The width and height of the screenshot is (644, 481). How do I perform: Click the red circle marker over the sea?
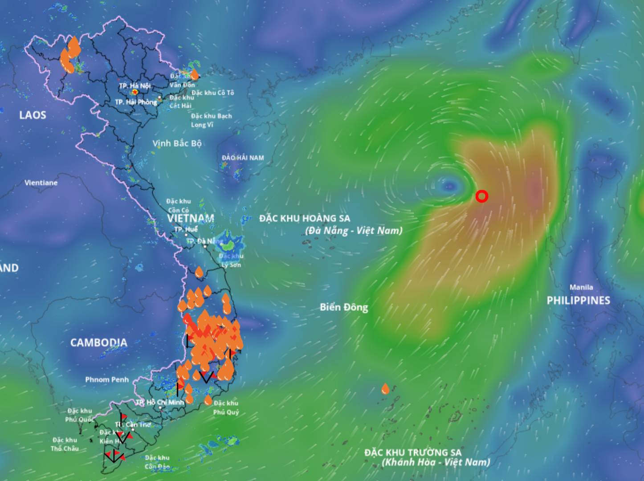(x=481, y=196)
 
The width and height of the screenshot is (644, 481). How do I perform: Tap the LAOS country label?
(x=33, y=115)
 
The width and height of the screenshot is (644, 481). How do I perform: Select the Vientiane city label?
(x=41, y=183)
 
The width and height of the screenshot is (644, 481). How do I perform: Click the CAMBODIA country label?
(x=99, y=342)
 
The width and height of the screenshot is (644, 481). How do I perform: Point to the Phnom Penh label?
(x=107, y=379)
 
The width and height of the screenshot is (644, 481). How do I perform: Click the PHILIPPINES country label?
(x=579, y=300)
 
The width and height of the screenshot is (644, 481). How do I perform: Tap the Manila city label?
(x=581, y=287)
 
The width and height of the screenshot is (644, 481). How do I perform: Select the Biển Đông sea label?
(x=344, y=307)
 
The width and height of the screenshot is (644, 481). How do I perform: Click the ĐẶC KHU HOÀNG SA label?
(x=305, y=218)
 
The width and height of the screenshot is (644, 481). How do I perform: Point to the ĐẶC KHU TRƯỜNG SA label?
(x=413, y=452)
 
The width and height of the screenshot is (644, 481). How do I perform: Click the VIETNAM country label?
(x=191, y=218)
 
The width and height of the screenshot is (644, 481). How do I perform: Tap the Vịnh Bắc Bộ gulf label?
(x=177, y=143)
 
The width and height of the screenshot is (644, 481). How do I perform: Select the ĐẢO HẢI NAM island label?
(x=243, y=158)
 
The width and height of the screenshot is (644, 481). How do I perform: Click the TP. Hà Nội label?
(x=135, y=86)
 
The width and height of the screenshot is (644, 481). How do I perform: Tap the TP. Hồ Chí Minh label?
(x=159, y=402)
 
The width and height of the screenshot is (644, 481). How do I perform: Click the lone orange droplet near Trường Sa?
(x=385, y=389)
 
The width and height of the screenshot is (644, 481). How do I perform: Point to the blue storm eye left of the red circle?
(x=448, y=186)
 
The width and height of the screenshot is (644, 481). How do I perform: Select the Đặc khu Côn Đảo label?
(x=157, y=462)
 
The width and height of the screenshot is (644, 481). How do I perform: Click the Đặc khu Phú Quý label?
(x=226, y=408)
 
